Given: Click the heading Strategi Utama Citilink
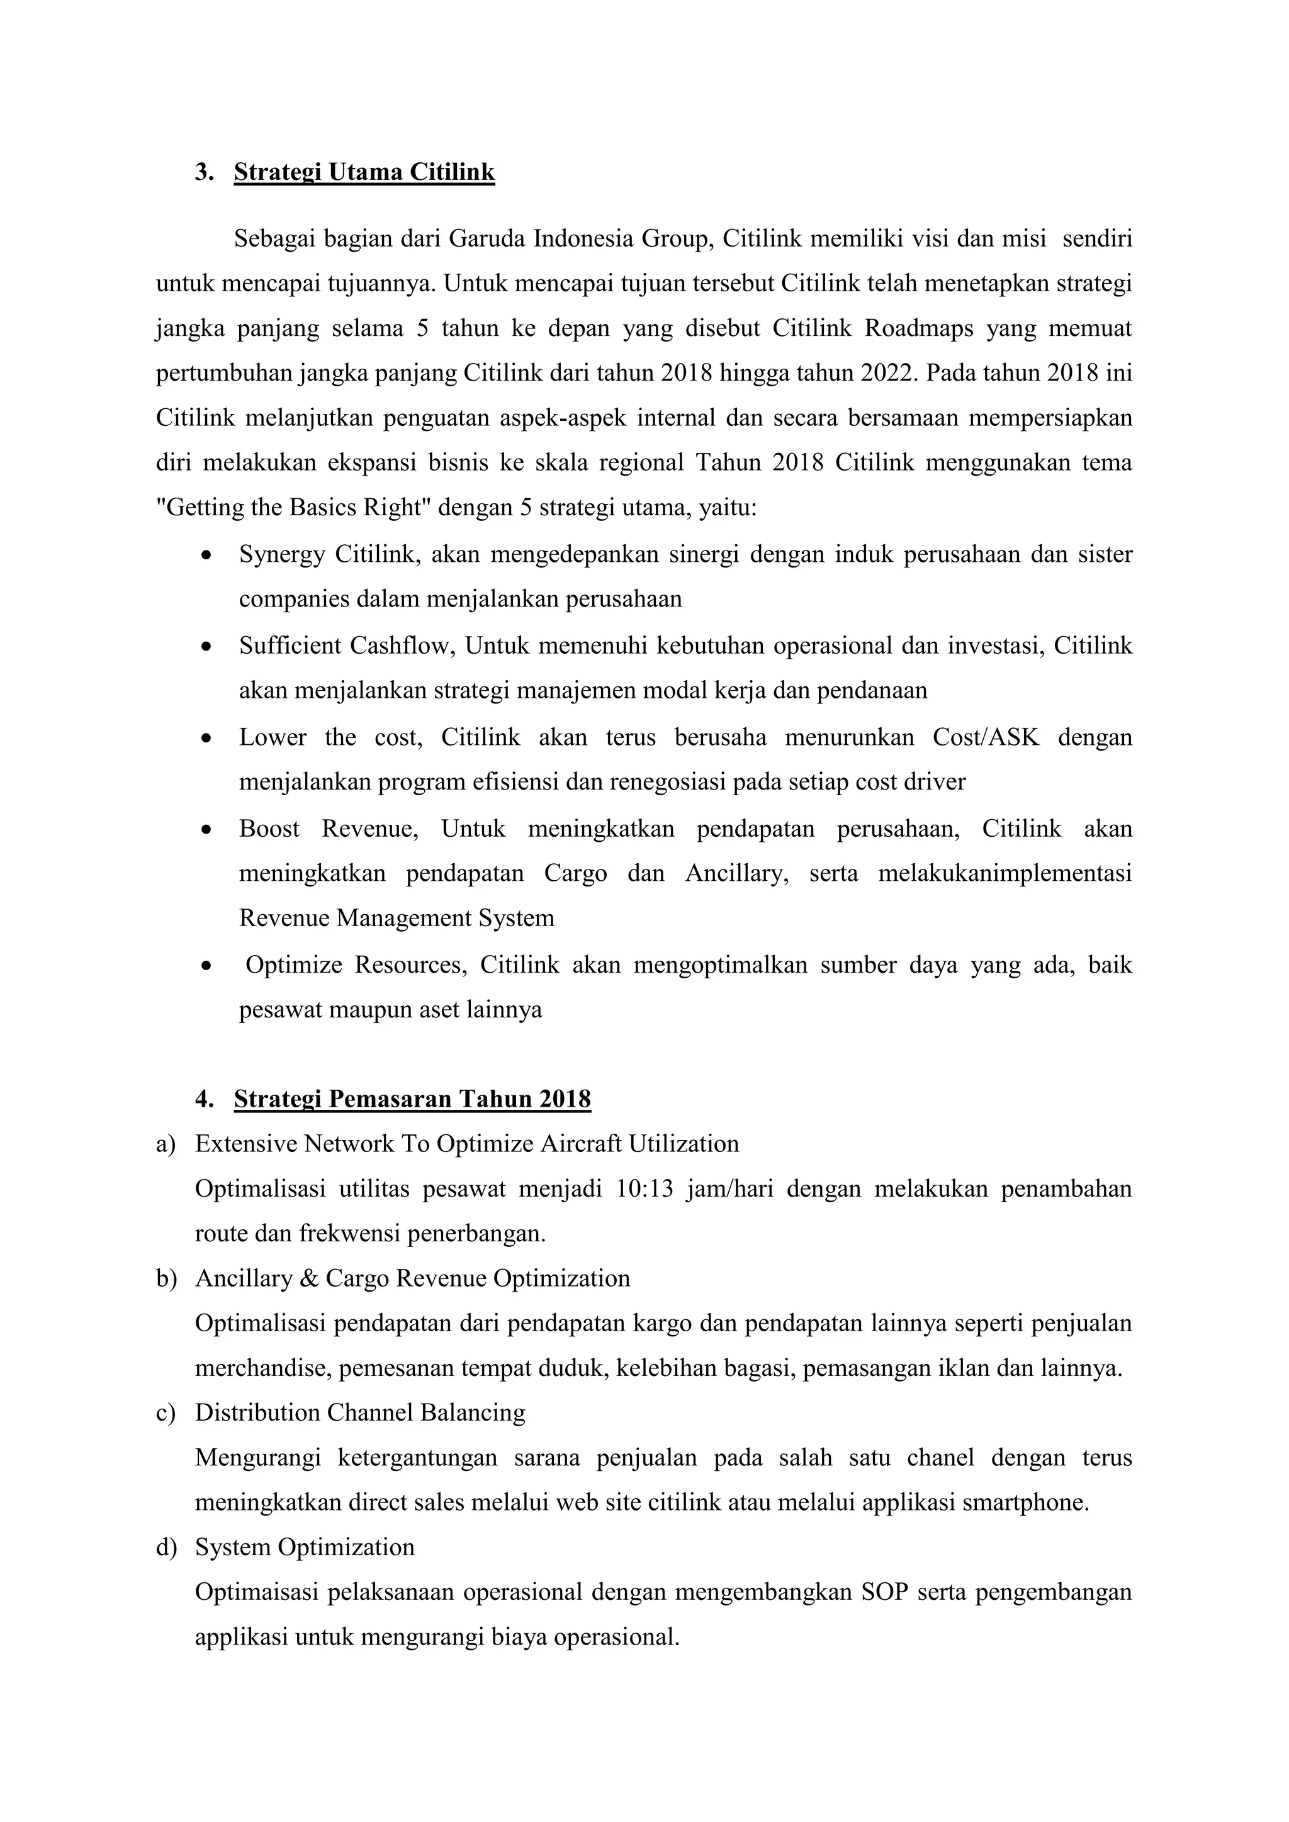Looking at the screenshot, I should tap(364, 172).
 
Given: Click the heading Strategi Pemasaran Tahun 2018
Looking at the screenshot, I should tap(412, 1099).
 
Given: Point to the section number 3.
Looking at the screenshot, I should tap(203, 172).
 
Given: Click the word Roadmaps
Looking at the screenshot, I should tap(918, 328).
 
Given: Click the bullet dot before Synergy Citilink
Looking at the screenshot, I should tap(206, 556).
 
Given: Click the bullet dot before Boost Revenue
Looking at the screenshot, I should tap(206, 830).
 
